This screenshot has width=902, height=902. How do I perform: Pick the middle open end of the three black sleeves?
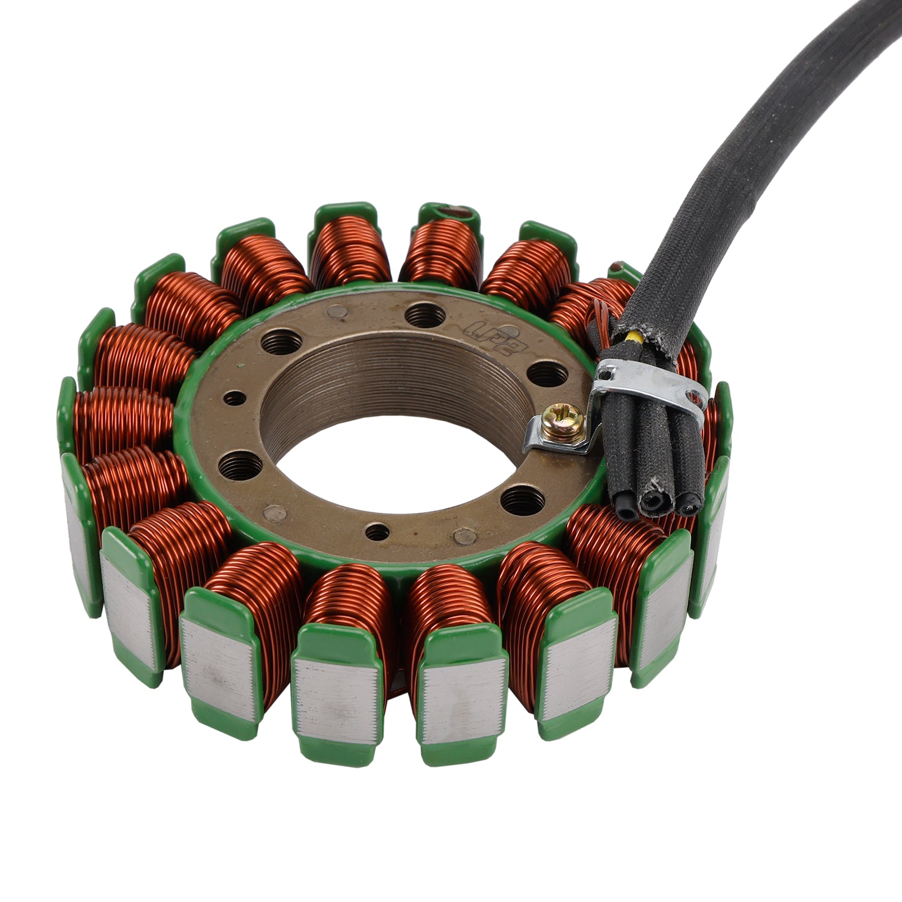pos(657,499)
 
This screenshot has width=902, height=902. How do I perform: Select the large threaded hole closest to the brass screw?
pos(548,374)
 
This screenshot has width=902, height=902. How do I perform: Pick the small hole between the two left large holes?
pos(235,399)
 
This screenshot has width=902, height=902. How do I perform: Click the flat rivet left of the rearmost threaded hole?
pos(337,311)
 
